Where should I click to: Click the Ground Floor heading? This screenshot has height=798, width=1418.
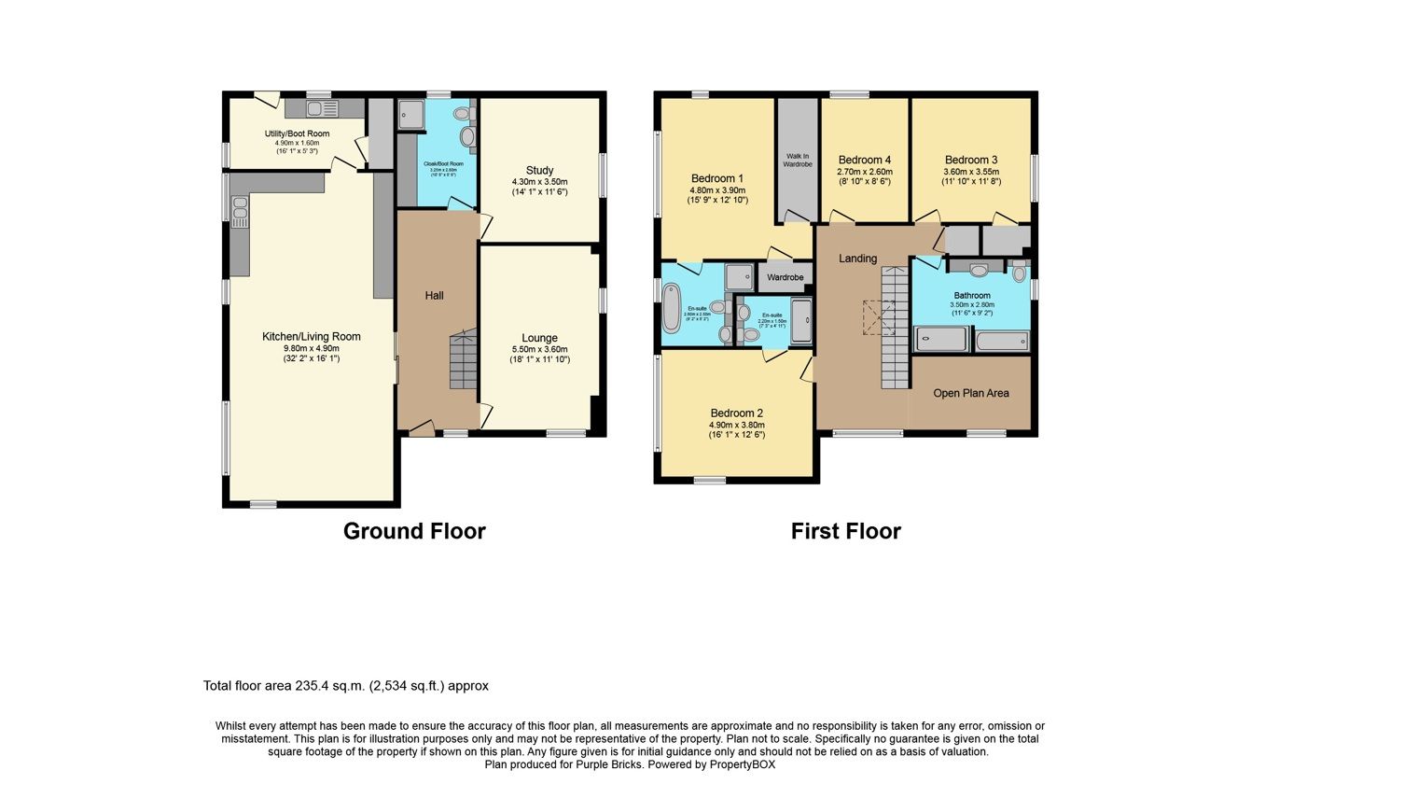[x=414, y=531]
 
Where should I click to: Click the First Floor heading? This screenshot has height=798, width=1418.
[x=845, y=531]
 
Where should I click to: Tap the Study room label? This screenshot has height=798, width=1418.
[x=539, y=171]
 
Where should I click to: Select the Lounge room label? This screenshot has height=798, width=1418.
[x=539, y=338]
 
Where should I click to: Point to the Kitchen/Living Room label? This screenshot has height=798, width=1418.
[x=311, y=337]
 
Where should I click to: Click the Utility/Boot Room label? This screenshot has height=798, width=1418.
[x=297, y=133]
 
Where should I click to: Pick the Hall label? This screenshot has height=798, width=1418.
[x=434, y=296]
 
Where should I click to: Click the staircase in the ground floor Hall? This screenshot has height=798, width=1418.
[x=463, y=359]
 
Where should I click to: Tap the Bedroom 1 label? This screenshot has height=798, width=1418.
[x=716, y=178]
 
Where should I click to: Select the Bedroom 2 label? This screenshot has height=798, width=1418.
[x=736, y=413]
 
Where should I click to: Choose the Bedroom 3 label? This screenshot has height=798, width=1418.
[x=970, y=160]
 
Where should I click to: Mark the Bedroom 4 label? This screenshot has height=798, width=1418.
[x=864, y=160]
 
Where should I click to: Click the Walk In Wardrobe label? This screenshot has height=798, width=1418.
[x=798, y=160]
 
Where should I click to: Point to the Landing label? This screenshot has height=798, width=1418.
[x=857, y=259]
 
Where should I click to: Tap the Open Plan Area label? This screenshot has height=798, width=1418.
[x=971, y=393]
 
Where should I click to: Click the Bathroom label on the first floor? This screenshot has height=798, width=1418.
[x=972, y=295]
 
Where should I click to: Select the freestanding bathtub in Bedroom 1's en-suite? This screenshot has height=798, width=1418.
[x=672, y=309]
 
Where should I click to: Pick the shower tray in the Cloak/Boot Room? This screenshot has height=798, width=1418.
[x=411, y=114]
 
